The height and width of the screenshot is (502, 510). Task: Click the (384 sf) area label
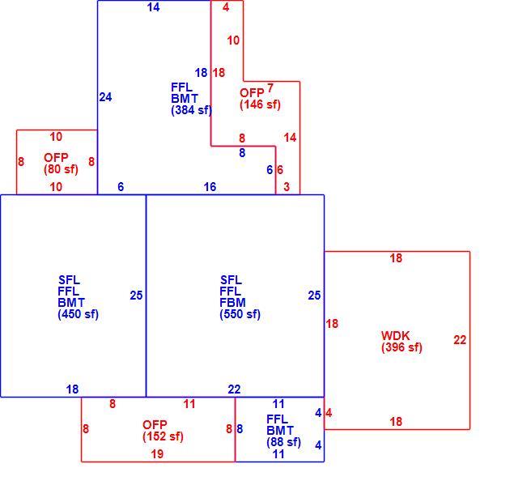coord(191,110)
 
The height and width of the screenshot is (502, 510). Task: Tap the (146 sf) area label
coord(260,104)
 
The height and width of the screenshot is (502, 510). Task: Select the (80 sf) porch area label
coord(61,169)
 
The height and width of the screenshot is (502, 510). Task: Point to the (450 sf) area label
coord(78,314)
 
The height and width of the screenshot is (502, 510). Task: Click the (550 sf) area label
coord(240,314)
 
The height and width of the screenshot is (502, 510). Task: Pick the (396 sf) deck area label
coord(402,347)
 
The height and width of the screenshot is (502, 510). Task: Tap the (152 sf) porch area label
coord(163,436)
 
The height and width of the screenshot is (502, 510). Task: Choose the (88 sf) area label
coord(283,442)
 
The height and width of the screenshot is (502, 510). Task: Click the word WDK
coord(395,336)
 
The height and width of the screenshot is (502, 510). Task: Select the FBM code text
coord(232,303)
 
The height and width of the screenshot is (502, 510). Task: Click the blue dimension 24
coord(105,97)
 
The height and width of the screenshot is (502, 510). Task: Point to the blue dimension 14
coord(153,7)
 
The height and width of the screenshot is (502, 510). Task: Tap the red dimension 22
coord(460,340)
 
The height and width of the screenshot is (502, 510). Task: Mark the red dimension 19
coord(157,454)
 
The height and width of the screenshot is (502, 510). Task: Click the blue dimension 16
coord(210,187)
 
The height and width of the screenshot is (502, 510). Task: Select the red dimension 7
coord(270,87)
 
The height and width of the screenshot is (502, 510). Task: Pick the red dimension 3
coord(287,187)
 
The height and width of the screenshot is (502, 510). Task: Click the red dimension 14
coord(290,138)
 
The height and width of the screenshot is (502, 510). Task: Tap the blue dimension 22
coord(234,389)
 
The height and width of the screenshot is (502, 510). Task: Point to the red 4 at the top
coord(226,7)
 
